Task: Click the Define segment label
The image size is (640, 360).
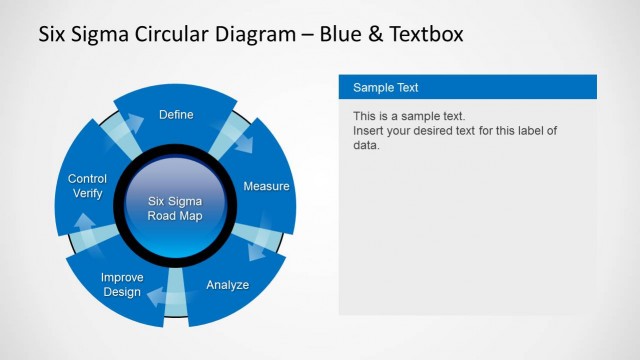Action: click(x=176, y=115)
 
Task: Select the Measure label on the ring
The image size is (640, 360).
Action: click(x=266, y=186)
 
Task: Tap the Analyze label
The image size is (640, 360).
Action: click(x=227, y=285)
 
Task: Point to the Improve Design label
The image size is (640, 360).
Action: click(x=122, y=284)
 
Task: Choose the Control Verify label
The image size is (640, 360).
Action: click(x=87, y=185)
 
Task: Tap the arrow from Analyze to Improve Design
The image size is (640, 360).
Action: click(x=160, y=294)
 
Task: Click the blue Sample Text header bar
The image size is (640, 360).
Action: click(x=468, y=87)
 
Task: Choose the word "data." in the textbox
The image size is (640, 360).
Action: click(x=367, y=145)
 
